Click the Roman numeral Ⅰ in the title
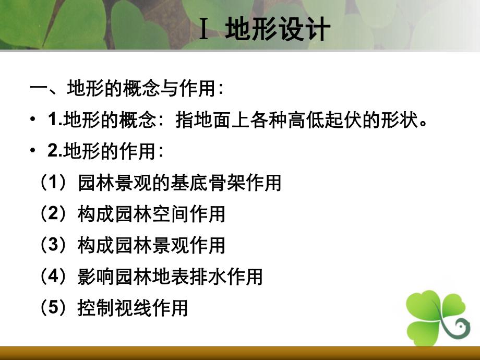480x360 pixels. tap(205, 30)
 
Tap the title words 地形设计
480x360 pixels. tap(278, 30)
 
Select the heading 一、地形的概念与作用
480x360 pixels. tap(127, 89)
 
